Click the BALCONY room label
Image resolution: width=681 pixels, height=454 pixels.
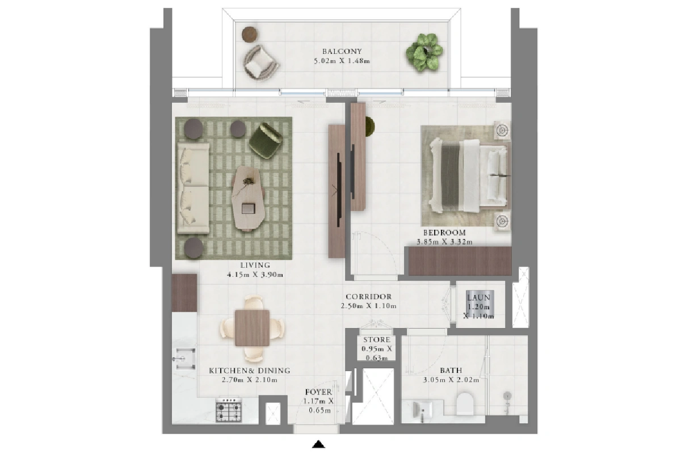pyautogui.click(x=342, y=52)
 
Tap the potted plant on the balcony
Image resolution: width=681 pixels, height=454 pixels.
pyautogui.click(x=424, y=52)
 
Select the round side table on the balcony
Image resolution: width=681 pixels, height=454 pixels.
pyautogui.click(x=250, y=35)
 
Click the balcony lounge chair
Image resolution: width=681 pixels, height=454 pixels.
pyautogui.click(x=260, y=63)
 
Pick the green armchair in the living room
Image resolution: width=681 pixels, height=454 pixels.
pyautogui.click(x=266, y=141)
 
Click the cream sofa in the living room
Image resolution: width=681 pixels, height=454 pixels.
pyautogui.click(x=193, y=188)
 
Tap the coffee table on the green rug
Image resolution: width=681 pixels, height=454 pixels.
pyautogui.click(x=248, y=198)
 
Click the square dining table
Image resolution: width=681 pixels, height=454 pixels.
pyautogui.click(x=253, y=328)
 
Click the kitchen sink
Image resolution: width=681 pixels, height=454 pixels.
pyautogui.click(x=185, y=359)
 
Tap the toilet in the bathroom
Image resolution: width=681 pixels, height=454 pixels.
pyautogui.click(x=465, y=404)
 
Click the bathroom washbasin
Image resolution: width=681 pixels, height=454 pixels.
pyautogui.click(x=423, y=410)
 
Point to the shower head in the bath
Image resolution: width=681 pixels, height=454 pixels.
pyautogui.click(x=507, y=396)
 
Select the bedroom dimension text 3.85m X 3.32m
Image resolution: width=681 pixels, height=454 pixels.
pyautogui.click(x=444, y=242)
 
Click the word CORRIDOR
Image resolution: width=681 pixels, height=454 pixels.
pyautogui.click(x=369, y=296)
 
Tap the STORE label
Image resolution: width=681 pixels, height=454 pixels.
pyautogui.click(x=377, y=340)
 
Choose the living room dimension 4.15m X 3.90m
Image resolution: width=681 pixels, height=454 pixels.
pyautogui.click(x=255, y=275)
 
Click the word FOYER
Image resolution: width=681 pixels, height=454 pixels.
pyautogui.click(x=318, y=392)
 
